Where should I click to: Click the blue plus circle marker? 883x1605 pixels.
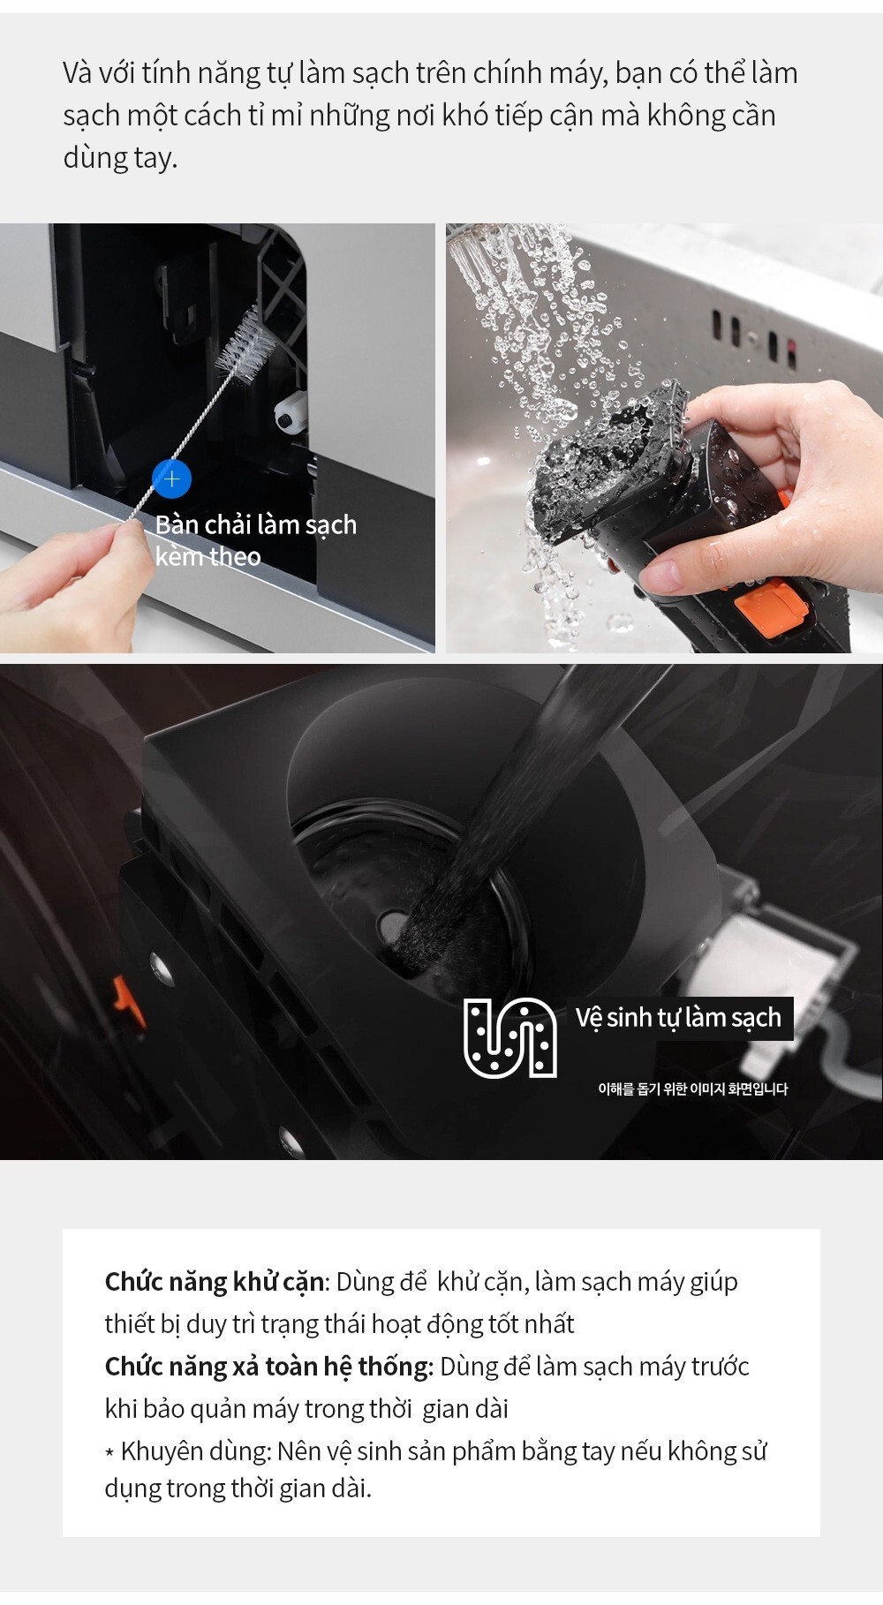[x=171, y=478]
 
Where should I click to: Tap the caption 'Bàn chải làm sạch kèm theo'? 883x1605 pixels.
[x=256, y=540]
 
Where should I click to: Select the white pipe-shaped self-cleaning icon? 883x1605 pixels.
[x=510, y=1037]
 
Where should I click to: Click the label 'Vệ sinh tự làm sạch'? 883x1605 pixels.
[x=678, y=1018]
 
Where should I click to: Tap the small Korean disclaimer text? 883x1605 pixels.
[x=692, y=1089]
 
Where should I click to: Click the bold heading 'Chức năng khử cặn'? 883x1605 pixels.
[x=215, y=1282]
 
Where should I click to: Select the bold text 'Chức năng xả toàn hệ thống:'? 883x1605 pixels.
[x=269, y=1367]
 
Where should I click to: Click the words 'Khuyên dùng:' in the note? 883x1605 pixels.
[x=196, y=1451]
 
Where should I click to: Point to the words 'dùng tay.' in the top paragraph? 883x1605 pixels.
[x=120, y=157]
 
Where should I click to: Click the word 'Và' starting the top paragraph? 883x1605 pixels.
[x=78, y=73]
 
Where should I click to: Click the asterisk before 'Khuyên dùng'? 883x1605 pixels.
[x=109, y=1453]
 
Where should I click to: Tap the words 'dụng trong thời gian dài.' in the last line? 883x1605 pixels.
[x=238, y=1488]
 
